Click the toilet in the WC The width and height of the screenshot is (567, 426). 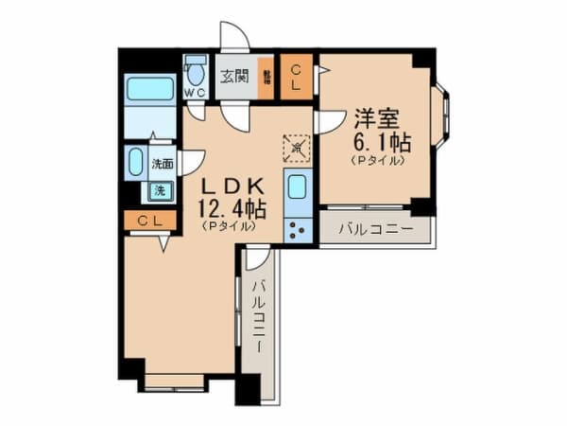pyautogui.click(x=196, y=71)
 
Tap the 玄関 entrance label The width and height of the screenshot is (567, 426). pyautogui.click(x=231, y=78)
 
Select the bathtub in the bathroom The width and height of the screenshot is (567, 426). pyautogui.click(x=151, y=90)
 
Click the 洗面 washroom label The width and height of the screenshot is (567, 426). pyautogui.click(x=163, y=164)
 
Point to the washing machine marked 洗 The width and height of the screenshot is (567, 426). pyautogui.click(x=159, y=190)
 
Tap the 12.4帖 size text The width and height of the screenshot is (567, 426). pyautogui.click(x=231, y=206)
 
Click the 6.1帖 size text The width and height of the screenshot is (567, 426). pyautogui.click(x=380, y=142)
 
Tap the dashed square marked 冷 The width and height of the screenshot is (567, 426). pyautogui.click(x=296, y=148)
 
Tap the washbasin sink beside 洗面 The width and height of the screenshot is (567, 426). pyautogui.click(x=135, y=161)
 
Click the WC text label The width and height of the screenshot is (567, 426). pyautogui.click(x=196, y=93)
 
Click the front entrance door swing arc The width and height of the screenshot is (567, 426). pyautogui.click(x=235, y=35)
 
